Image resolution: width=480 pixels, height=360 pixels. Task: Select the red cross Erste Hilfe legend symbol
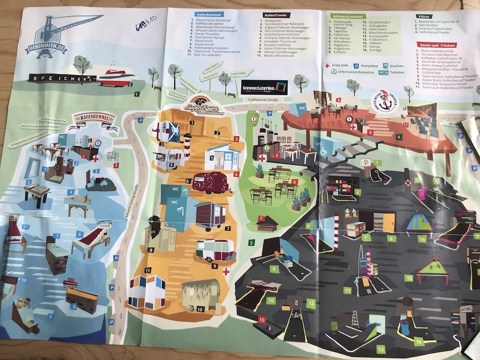(x=327, y=65)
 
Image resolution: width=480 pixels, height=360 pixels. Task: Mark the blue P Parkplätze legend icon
(x=357, y=65)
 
